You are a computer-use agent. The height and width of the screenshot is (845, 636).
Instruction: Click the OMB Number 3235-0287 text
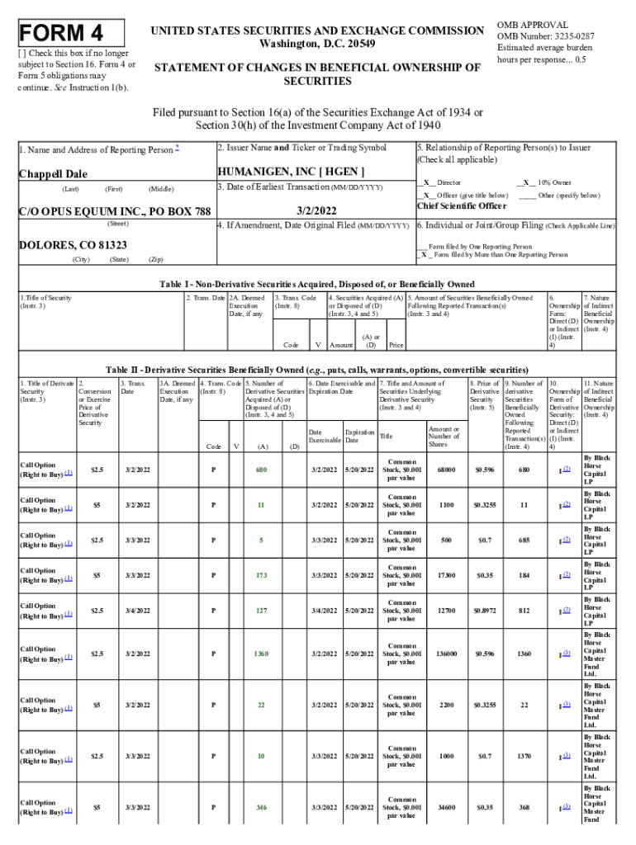(545, 36)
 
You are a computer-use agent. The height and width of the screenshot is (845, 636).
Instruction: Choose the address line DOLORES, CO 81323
(73, 245)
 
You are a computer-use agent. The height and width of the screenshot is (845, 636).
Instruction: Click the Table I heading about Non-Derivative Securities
(317, 284)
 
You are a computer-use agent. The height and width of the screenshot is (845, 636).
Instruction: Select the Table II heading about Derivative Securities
(317, 369)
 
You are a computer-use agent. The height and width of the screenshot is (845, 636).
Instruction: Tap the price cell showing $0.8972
(485, 610)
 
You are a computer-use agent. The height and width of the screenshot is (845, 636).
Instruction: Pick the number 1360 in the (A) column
(261, 654)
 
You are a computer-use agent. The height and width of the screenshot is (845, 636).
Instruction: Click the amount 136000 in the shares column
(444, 654)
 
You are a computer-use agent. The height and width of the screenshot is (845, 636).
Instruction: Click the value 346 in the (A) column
(262, 807)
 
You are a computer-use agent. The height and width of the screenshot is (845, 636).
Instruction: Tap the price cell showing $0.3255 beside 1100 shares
(485, 504)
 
